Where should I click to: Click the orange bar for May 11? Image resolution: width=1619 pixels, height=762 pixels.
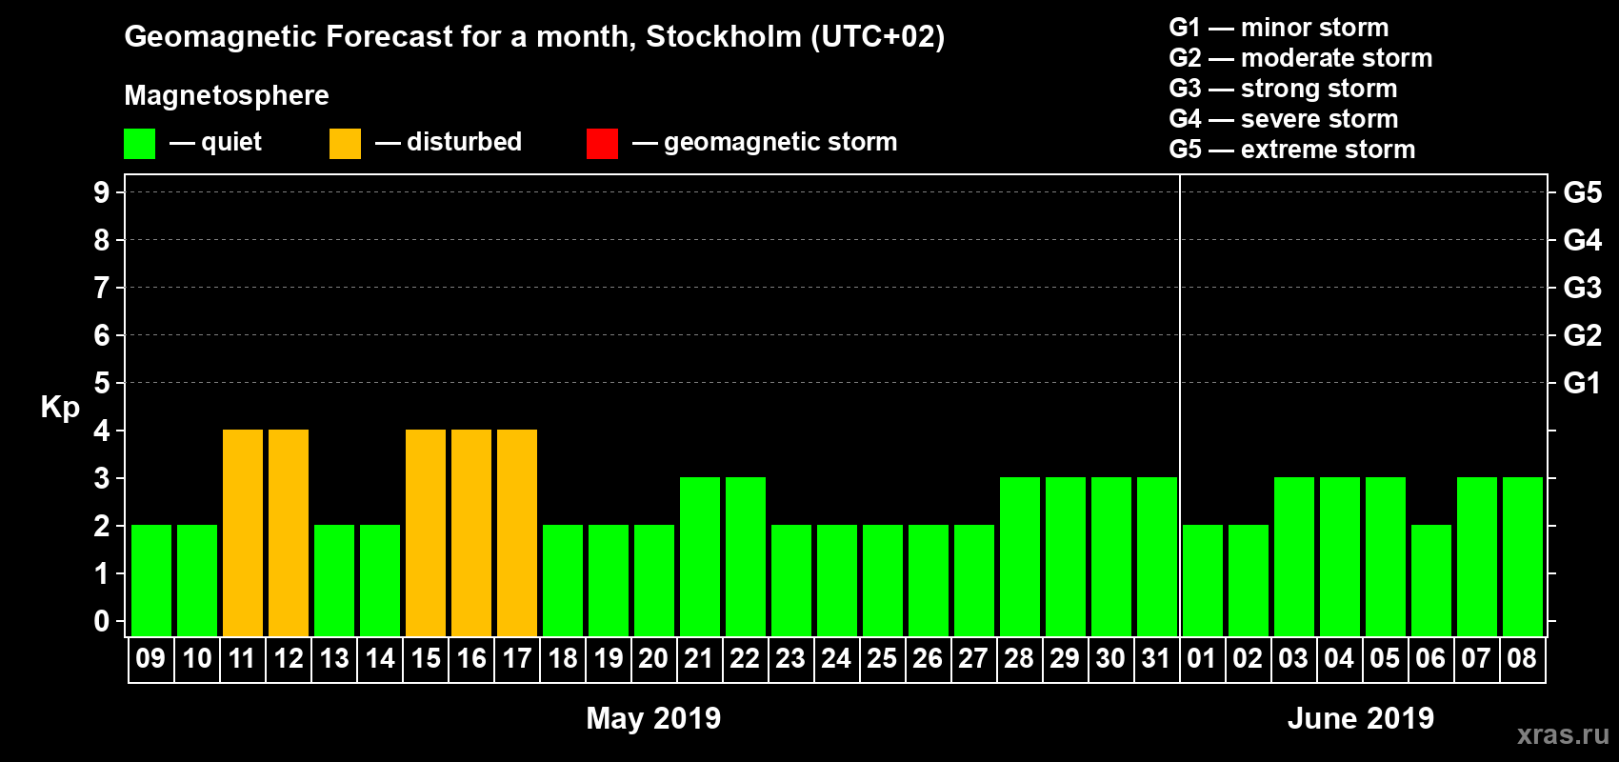(x=243, y=532)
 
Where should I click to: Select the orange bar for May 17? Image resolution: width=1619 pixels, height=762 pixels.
(x=517, y=532)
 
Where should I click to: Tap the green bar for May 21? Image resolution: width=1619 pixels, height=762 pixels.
(x=700, y=556)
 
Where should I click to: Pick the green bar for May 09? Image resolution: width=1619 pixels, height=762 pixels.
(x=151, y=580)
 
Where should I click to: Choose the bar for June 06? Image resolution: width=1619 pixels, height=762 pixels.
(x=1431, y=580)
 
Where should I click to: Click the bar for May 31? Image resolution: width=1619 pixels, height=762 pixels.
(x=1157, y=556)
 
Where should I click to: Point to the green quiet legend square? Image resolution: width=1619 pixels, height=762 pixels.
(x=140, y=144)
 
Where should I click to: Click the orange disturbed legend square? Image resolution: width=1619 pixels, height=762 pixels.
(x=345, y=144)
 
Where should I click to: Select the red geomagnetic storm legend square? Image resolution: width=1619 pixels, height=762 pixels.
(x=602, y=144)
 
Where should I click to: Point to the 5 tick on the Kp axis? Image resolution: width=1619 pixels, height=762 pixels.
(x=102, y=383)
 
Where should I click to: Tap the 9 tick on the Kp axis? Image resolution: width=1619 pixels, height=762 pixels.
(x=102, y=192)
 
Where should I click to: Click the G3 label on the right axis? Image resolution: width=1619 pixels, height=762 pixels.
(x=1582, y=288)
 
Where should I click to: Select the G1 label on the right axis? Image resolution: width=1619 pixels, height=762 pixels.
(x=1582, y=383)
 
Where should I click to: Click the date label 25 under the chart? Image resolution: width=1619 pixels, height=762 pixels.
(x=882, y=658)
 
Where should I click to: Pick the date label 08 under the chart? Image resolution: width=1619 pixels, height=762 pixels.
(x=1522, y=658)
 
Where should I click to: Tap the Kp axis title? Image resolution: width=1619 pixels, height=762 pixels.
(x=60, y=408)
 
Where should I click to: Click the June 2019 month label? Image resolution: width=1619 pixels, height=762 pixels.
(x=1360, y=718)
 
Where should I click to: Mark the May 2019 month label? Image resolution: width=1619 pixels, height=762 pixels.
(x=653, y=718)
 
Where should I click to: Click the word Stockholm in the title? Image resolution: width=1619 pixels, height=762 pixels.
(x=724, y=37)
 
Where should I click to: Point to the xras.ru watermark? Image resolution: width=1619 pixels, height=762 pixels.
(x=1563, y=734)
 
